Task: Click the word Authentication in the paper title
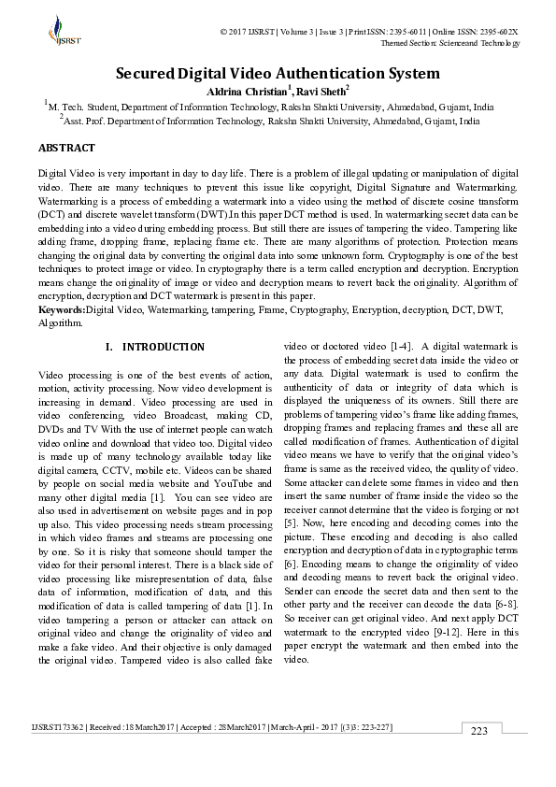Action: [306, 73]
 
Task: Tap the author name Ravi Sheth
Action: [322, 91]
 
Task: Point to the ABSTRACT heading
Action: [66, 148]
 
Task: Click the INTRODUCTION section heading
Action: [164, 347]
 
